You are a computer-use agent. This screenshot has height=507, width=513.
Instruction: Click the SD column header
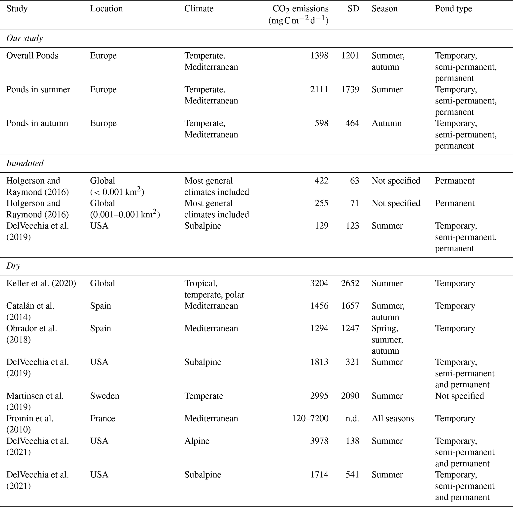(x=353, y=9)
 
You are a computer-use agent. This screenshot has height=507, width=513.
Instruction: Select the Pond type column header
(x=453, y=9)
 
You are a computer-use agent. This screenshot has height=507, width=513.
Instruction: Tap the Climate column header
(x=199, y=9)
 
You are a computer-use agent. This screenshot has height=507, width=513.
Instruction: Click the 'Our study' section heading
(x=24, y=38)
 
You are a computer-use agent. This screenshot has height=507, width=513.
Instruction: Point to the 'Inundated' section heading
(x=25, y=163)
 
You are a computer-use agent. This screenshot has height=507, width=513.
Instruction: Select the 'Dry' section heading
(x=13, y=266)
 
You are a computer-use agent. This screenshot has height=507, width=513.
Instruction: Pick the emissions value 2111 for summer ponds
(x=319, y=89)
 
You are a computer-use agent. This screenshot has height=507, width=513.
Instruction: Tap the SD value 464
(x=352, y=123)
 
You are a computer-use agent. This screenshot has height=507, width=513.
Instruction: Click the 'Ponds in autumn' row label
(x=37, y=123)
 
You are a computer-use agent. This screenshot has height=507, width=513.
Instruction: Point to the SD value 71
(x=354, y=203)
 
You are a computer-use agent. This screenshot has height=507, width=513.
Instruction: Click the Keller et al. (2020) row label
(x=41, y=283)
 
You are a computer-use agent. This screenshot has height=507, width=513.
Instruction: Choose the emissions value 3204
(x=319, y=283)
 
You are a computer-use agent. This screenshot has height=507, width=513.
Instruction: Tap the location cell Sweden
(x=105, y=396)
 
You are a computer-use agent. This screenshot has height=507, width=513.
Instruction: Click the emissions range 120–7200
(x=310, y=418)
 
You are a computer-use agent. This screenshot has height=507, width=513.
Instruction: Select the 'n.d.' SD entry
(x=352, y=418)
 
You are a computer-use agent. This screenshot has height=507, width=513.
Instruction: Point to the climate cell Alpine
(x=197, y=441)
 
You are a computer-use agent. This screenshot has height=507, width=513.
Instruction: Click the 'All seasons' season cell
(x=392, y=418)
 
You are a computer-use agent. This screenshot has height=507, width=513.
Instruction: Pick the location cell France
(x=103, y=418)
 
